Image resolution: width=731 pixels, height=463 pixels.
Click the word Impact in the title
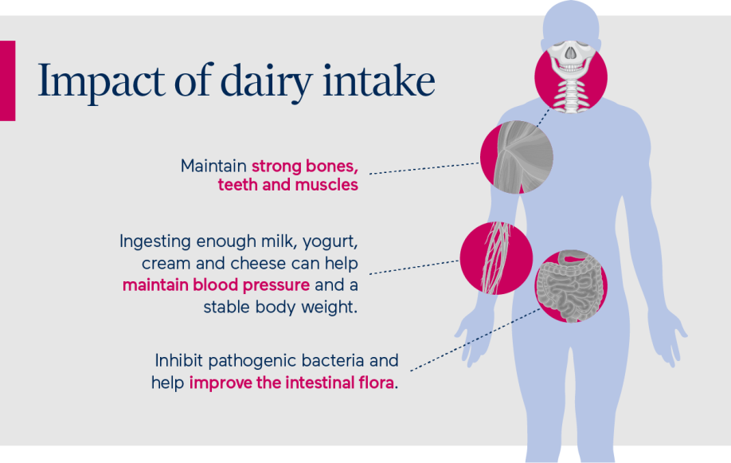point(101,81)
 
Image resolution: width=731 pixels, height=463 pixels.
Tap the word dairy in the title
point(266,81)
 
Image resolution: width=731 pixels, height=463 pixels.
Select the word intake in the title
point(379,80)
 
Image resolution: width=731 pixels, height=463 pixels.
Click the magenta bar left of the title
point(7,80)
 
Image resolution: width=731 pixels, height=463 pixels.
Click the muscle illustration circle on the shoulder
point(517,157)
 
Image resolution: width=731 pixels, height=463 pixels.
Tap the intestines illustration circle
point(571,286)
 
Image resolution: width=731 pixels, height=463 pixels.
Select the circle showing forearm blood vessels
point(496,258)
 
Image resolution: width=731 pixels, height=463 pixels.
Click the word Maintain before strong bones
point(213,166)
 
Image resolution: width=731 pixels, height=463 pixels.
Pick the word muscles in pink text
point(326,185)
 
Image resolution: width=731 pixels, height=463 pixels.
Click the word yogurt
point(330,242)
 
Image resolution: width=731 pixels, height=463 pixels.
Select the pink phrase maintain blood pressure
point(216,285)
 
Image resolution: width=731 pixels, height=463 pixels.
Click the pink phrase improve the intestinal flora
point(291,383)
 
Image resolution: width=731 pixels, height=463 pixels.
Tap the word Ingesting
point(155,242)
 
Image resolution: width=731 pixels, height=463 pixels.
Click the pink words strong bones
point(305,167)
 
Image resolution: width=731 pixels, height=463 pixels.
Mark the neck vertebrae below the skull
point(571,95)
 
